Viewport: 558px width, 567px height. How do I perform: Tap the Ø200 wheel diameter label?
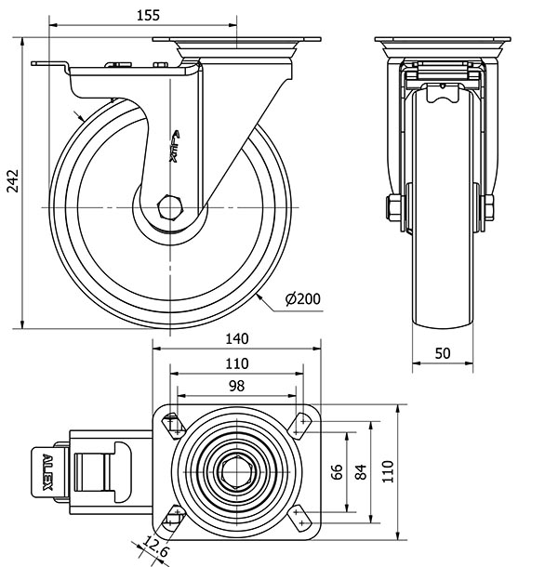point(303,298)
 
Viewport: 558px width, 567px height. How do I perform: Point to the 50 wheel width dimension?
point(443,352)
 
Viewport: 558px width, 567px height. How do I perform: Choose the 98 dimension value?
point(234,386)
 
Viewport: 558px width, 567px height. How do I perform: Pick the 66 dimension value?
point(338,472)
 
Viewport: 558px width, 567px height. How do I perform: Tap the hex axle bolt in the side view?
point(171,207)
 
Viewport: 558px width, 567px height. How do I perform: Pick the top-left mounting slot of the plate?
point(173,426)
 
